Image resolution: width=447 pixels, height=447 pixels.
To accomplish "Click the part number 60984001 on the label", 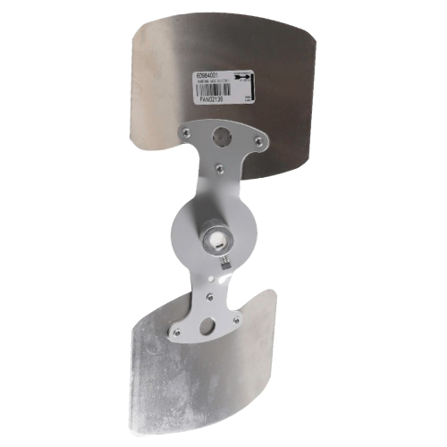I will pyautogui.click(x=207, y=78).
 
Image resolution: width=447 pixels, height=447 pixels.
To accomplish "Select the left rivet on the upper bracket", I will pyautogui.click(x=185, y=132).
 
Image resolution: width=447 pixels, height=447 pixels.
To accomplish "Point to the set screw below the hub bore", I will pyautogui.click(x=223, y=263).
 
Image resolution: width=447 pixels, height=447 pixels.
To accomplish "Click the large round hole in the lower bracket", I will pyautogui.click(x=207, y=327).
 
